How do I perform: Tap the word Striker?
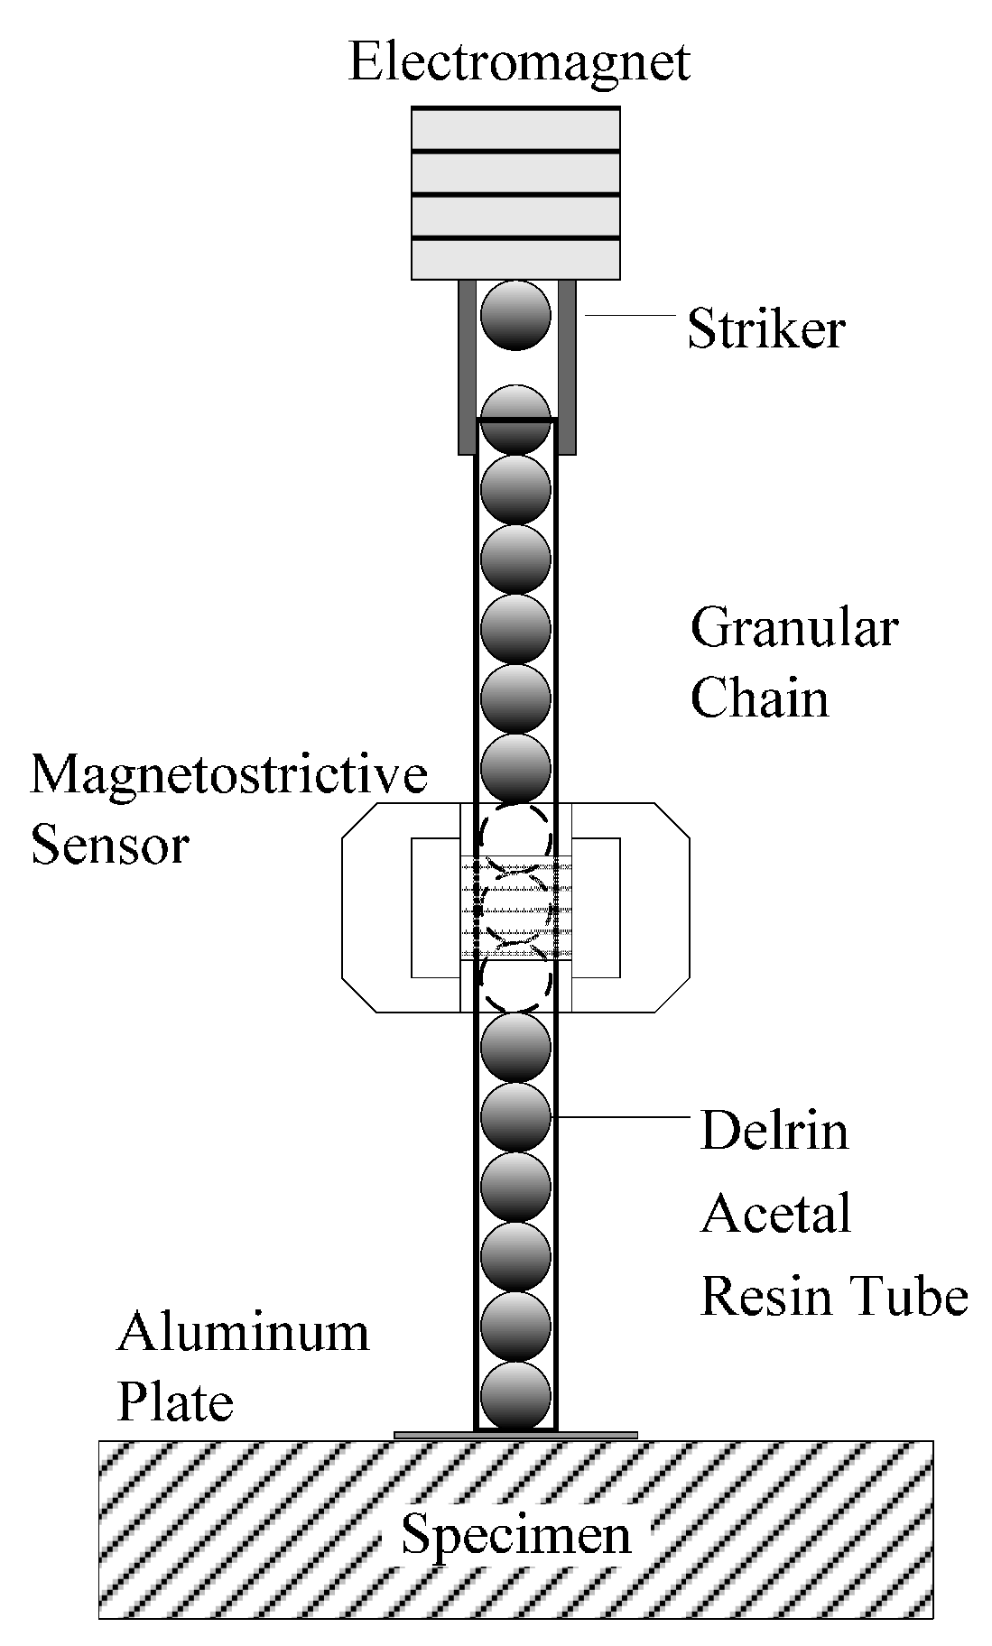click(765, 329)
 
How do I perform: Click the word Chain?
click(759, 698)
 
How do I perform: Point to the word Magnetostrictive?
click(229, 774)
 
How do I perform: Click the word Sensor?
click(110, 846)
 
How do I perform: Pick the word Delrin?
click(774, 1131)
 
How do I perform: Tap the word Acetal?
click(776, 1213)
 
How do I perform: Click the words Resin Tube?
click(834, 1296)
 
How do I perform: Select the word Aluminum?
click(244, 1332)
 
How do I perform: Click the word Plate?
click(176, 1402)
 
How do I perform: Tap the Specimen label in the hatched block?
click(516, 1534)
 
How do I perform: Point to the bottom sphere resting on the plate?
click(515, 1395)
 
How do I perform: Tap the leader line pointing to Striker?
click(630, 316)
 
